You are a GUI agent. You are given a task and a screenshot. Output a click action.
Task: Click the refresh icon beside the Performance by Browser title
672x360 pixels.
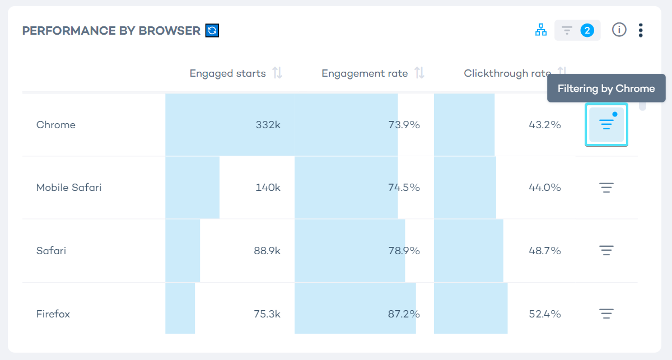[x=212, y=30]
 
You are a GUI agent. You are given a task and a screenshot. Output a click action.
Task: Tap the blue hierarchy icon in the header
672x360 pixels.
[x=541, y=30]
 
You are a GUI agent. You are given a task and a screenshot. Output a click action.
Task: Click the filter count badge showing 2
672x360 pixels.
[x=587, y=30]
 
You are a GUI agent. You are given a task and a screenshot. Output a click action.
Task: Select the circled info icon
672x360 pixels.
[x=619, y=30]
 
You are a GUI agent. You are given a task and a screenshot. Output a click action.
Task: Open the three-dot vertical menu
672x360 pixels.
[x=641, y=30]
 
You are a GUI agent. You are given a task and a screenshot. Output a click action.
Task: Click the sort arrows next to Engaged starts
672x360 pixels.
[x=277, y=73]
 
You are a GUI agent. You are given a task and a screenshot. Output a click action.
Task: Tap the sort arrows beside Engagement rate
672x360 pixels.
[x=419, y=73]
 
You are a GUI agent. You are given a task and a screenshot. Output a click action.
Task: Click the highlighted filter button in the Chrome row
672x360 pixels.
[x=606, y=124]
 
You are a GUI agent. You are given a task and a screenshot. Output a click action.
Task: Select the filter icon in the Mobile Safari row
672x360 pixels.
[x=606, y=188]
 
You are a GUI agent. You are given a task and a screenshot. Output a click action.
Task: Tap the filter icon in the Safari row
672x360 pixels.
[x=606, y=250]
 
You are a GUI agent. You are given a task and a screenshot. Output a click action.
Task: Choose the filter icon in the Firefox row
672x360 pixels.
[x=606, y=314]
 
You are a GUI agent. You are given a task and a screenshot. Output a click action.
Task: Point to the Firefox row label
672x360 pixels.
[x=53, y=314]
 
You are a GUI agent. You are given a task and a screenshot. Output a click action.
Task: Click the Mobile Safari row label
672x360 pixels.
[x=69, y=188]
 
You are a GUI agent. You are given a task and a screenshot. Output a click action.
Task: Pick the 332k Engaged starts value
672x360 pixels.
[x=268, y=125]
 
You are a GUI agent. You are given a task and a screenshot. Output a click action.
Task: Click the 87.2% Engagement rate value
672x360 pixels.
[x=404, y=314]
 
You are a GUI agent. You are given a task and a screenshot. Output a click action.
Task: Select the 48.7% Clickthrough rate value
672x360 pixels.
[x=544, y=251]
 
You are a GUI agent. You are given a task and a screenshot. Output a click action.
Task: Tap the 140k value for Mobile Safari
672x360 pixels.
[x=268, y=188]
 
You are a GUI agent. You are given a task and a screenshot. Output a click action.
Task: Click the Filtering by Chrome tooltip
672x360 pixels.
[x=606, y=88]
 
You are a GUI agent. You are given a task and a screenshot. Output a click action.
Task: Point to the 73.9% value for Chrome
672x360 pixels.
[x=404, y=125]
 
